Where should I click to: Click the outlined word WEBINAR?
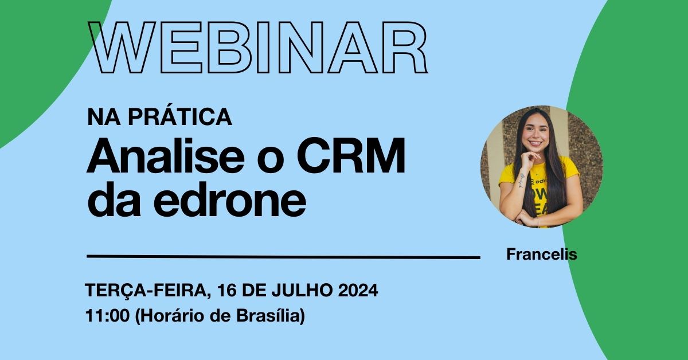pyautogui.click(x=258, y=49)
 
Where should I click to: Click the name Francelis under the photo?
pyautogui.click(x=541, y=255)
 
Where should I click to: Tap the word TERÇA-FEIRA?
pyautogui.click(x=146, y=291)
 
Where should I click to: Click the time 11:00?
pyautogui.click(x=107, y=316)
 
